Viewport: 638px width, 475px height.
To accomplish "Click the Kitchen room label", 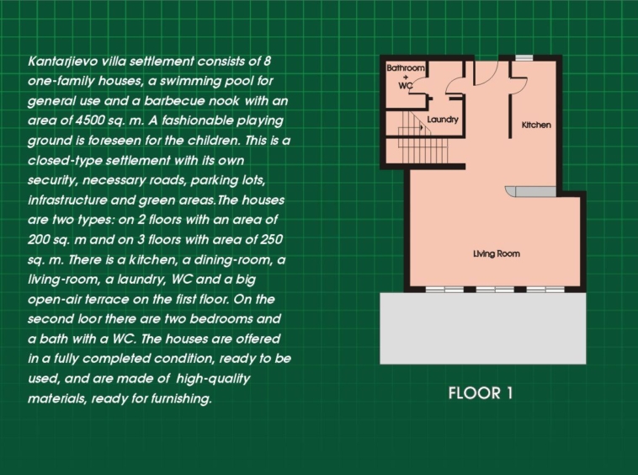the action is (536, 125).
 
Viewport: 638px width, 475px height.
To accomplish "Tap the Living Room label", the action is (497, 254).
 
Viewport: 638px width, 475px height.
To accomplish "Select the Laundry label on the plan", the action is (443, 120).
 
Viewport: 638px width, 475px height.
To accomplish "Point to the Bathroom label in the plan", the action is (405, 67).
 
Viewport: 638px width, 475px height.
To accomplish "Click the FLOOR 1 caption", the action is (481, 393).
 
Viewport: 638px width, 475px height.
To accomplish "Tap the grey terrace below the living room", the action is (483, 328).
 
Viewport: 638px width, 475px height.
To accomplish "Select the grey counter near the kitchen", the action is (530, 191).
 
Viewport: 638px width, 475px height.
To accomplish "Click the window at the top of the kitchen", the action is (524, 58).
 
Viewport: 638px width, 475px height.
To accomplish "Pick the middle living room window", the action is (495, 290).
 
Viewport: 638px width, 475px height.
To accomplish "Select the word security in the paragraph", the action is (51, 180).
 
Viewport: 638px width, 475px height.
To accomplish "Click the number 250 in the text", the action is (270, 239).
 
